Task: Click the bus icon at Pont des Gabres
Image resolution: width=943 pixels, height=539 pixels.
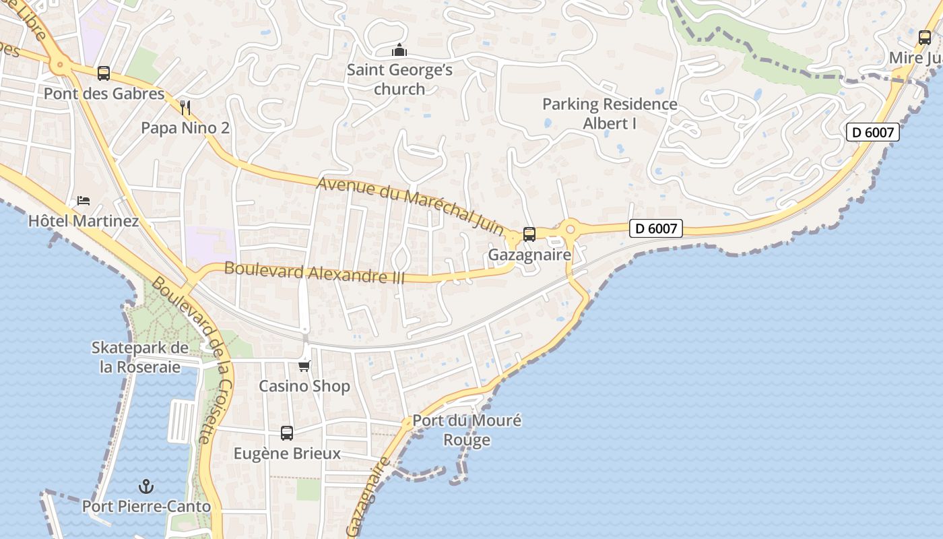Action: point(103,73)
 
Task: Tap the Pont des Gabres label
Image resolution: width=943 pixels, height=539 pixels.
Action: point(104,94)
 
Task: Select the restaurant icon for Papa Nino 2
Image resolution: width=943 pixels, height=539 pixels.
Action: point(186,106)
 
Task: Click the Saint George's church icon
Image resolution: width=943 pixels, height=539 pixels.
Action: point(399,51)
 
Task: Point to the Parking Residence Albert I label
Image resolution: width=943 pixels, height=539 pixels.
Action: point(610,114)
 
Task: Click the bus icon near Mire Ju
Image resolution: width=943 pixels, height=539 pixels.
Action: point(924,37)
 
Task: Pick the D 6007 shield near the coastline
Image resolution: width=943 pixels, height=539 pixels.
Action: point(872,132)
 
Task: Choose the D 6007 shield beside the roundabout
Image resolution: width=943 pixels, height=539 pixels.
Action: point(656,228)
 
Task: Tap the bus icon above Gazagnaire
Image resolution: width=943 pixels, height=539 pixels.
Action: point(529,234)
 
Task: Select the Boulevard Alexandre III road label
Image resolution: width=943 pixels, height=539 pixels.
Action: point(314,272)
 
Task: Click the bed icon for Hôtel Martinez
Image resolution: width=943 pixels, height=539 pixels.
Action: point(84,201)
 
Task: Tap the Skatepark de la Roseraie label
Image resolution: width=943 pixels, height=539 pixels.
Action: point(140,357)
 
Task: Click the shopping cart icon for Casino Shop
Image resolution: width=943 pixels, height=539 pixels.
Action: point(304,366)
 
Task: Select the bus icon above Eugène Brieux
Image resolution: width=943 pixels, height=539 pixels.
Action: point(287,433)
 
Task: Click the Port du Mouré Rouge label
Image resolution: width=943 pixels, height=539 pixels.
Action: point(467,431)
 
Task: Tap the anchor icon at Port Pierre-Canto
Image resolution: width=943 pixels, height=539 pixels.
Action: point(145,486)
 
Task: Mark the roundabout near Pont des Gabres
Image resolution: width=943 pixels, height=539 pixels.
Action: point(60,65)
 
